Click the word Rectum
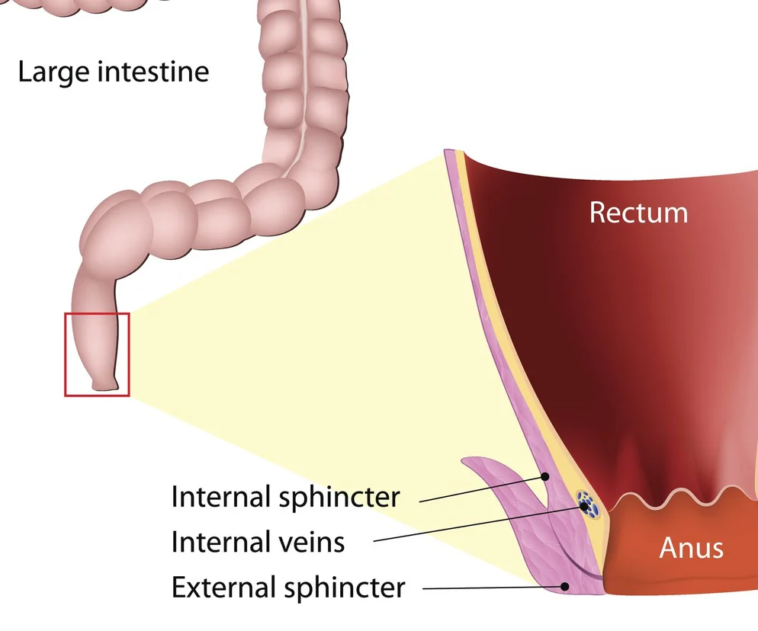[x=638, y=213]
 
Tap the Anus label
[x=691, y=547]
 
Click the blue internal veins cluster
[x=587, y=503]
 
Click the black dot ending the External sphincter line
[x=565, y=586]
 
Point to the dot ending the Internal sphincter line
[x=546, y=478]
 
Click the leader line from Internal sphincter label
[x=480, y=490]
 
